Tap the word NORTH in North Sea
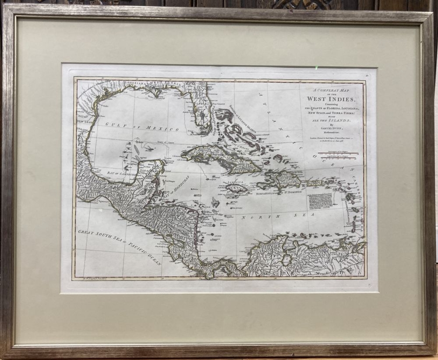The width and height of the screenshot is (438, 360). (x=253, y=217)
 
